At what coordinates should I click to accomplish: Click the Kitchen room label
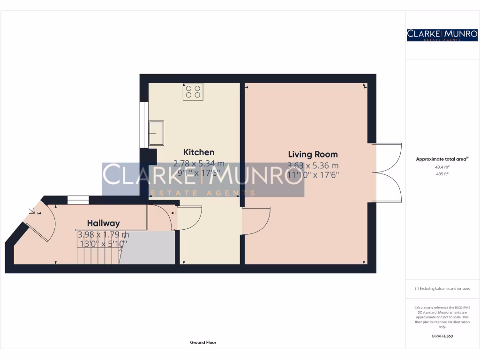[199, 152]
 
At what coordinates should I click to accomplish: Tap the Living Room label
[313, 154]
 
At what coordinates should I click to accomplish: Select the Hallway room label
[103, 223]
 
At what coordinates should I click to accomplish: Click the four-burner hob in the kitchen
[193, 91]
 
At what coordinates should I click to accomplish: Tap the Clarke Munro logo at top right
[442, 35]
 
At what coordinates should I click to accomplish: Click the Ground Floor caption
[203, 343]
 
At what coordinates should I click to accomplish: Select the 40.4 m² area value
[442, 167]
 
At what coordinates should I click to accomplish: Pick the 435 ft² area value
[442, 174]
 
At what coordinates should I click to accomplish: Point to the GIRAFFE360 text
[442, 336]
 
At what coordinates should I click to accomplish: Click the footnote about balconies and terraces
[442, 289]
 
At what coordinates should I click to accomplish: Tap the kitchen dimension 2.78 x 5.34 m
[199, 164]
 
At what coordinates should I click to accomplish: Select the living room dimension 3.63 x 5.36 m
[313, 165]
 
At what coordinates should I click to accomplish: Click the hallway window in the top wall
[78, 200]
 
